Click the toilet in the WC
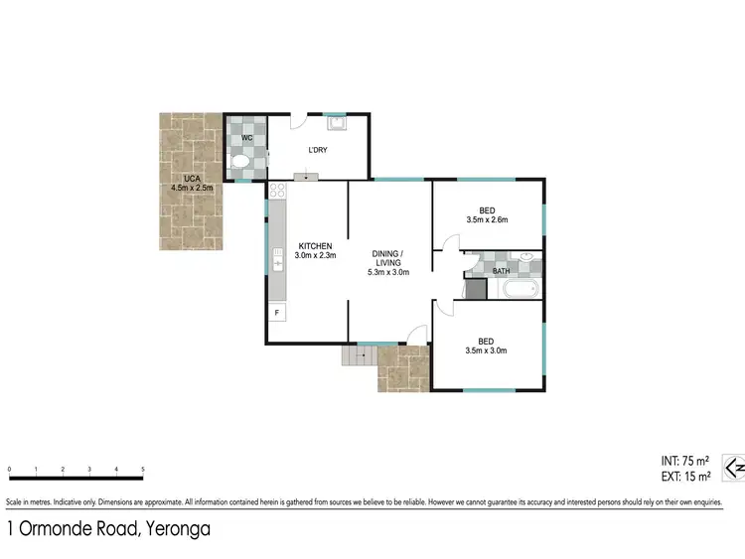pos(238,163)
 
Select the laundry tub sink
pos(337,124)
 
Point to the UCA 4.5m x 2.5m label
pos(192,183)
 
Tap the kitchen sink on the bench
pos(277,260)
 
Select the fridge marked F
pos(277,313)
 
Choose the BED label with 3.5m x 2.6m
pos(487,214)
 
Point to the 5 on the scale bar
pos(143,469)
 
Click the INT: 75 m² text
pos(684,461)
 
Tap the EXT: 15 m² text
pos(684,477)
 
